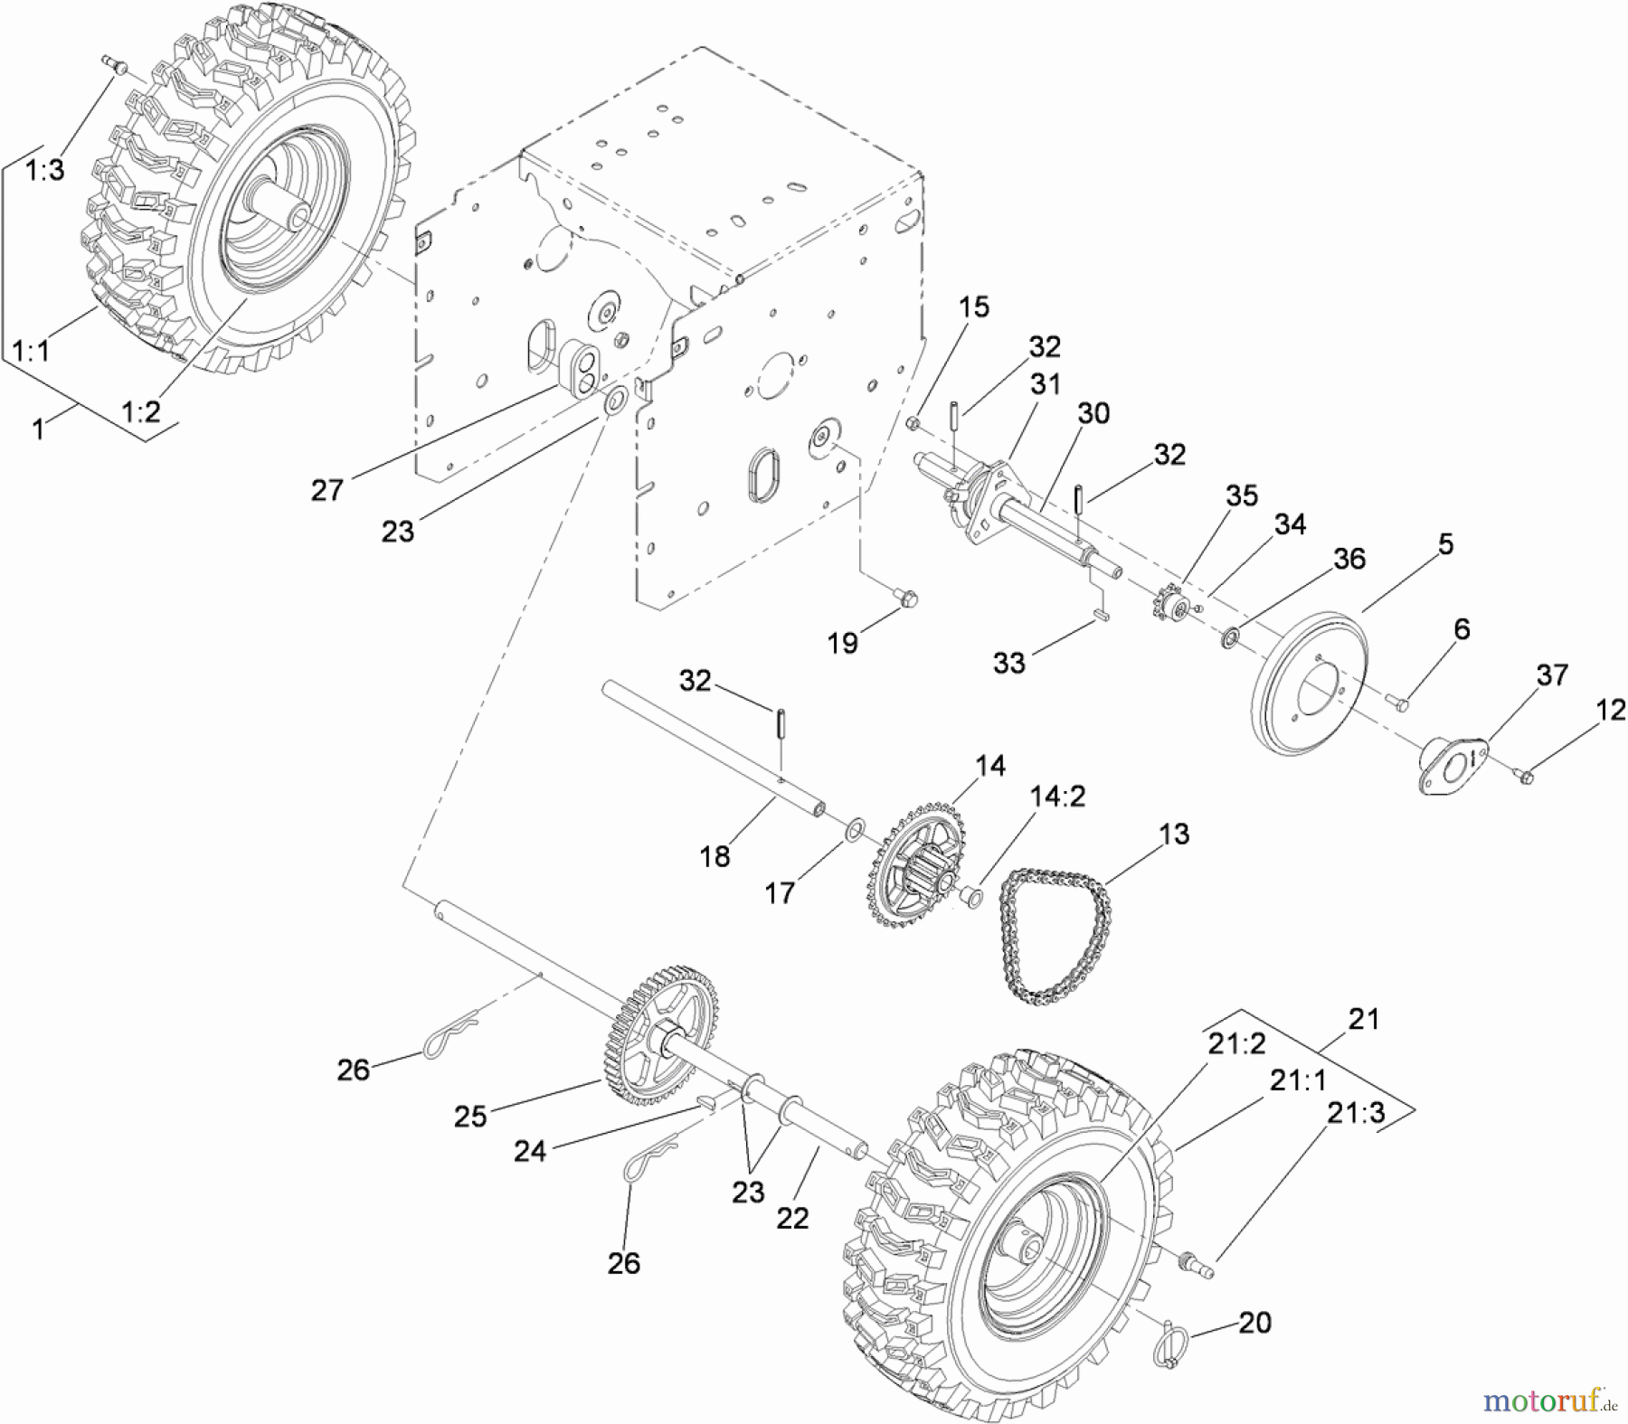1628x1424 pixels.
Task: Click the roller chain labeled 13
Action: pyautogui.click(x=1054, y=936)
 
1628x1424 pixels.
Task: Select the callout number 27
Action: pyautogui.click(x=327, y=490)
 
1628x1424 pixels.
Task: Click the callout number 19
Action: pyautogui.click(x=842, y=643)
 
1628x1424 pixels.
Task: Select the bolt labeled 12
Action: pyautogui.click(x=1523, y=774)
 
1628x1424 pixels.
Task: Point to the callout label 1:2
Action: pyautogui.click(x=141, y=411)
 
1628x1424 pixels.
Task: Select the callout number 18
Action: pyautogui.click(x=715, y=856)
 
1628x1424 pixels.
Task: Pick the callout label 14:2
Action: pyautogui.click(x=1056, y=797)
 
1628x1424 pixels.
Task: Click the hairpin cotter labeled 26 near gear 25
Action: pyautogui.click(x=445, y=1040)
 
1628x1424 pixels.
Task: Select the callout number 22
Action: pyautogui.click(x=792, y=1218)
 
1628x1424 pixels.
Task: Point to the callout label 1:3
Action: pyautogui.click(x=44, y=169)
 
